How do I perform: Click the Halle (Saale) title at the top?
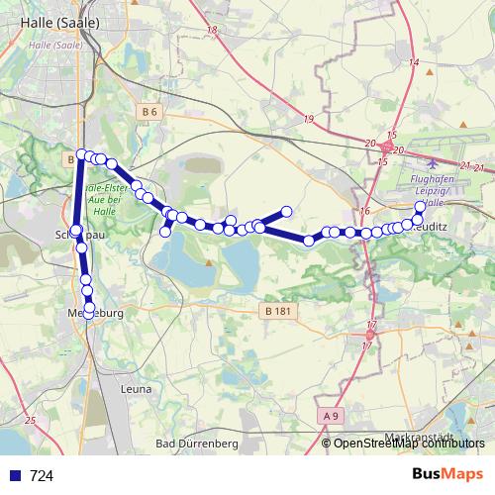[49, 24]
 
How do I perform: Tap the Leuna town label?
[135, 389]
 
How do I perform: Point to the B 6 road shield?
[149, 113]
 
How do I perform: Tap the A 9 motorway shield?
[332, 417]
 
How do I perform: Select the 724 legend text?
[41, 475]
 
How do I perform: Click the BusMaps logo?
[446, 474]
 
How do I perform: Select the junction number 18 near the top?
[214, 31]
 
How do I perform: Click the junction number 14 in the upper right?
[414, 62]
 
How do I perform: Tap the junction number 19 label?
[309, 119]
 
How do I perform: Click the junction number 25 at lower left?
[29, 421]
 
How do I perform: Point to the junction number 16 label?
[364, 211]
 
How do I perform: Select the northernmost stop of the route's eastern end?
[420, 207]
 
